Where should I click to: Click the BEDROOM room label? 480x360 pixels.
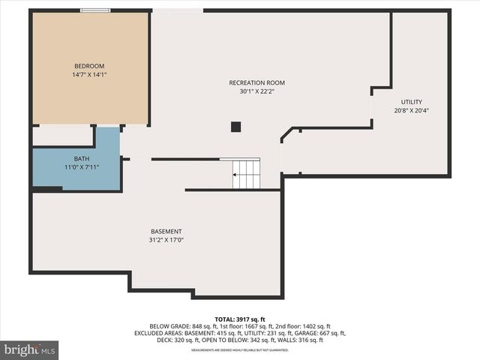click(88, 66)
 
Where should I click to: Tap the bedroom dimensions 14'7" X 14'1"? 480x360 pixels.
click(88, 75)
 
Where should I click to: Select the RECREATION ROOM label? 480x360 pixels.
click(257, 82)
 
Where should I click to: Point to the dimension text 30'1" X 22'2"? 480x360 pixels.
click(257, 91)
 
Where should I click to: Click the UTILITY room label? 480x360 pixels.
click(411, 102)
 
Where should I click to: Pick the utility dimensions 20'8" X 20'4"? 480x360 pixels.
click(411, 111)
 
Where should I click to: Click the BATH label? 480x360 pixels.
click(81, 158)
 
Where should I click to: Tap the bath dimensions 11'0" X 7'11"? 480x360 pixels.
click(81, 167)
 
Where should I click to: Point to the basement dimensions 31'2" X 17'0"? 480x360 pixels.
click(166, 241)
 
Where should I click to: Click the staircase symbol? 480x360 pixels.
click(246, 174)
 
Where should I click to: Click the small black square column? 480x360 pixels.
click(235, 127)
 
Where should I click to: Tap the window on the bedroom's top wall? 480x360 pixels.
click(95, 10)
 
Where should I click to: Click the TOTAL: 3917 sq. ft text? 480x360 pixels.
click(240, 319)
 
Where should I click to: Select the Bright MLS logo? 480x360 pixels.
click(29, 349)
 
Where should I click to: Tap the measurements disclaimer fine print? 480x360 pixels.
click(240, 350)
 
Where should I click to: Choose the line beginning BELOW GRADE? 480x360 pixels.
click(240, 327)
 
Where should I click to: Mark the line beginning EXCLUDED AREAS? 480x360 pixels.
click(240, 334)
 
